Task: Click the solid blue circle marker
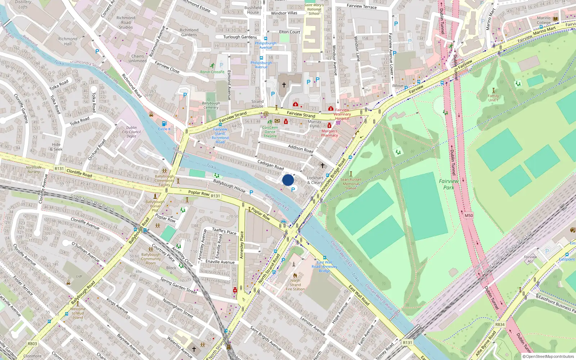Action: tap(288, 180)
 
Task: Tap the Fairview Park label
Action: tap(449, 184)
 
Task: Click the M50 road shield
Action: tap(469, 216)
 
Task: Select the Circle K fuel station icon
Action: tap(164, 124)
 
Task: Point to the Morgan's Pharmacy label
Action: tap(329, 133)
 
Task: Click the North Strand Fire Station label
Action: tap(295, 285)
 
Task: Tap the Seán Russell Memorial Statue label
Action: tap(351, 184)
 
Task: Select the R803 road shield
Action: tap(32, 343)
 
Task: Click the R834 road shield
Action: tap(500, 324)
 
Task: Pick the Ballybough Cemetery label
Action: tap(211, 105)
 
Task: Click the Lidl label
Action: tap(79, 276)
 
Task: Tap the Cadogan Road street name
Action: tap(270, 165)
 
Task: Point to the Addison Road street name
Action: tap(301, 149)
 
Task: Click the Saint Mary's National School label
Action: tap(314, 9)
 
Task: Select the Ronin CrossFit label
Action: tap(212, 72)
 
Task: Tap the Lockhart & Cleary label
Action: tap(315, 180)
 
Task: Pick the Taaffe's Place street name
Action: tap(224, 231)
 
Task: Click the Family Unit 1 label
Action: tap(493, 98)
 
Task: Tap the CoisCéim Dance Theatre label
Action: tap(270, 132)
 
